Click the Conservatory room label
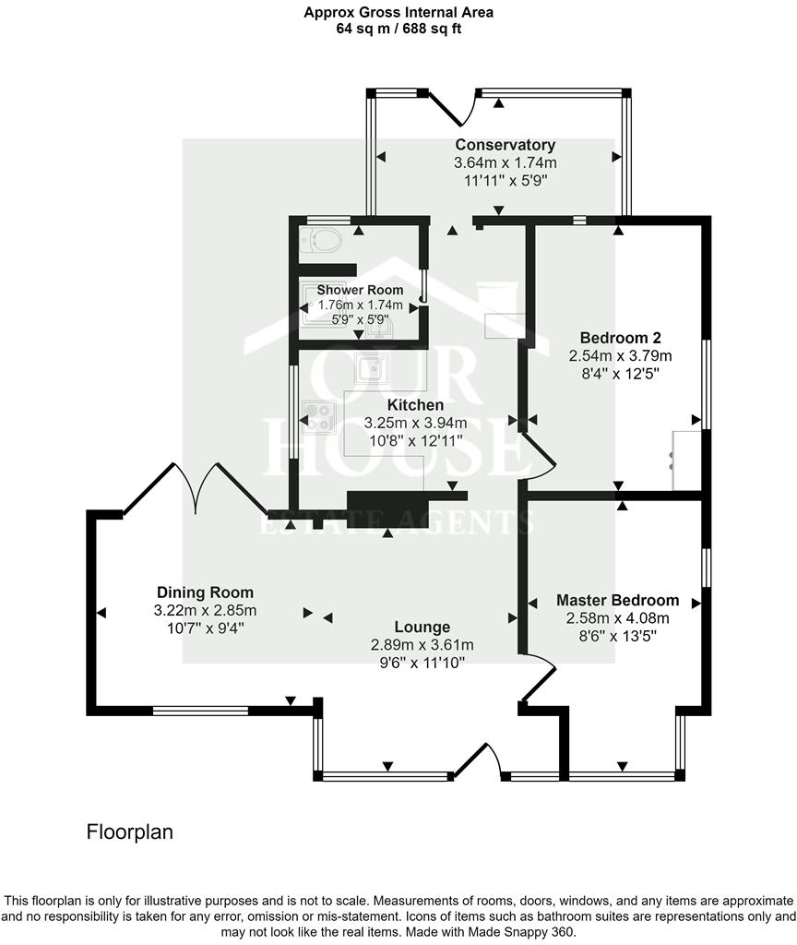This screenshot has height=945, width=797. [x=505, y=145]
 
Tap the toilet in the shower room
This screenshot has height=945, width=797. [x=323, y=240]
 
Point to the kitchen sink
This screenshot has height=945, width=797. [x=372, y=367]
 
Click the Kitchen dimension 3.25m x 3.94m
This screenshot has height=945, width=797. [x=415, y=423]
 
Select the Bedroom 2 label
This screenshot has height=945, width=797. [x=620, y=337]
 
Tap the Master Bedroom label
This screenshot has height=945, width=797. [x=617, y=600]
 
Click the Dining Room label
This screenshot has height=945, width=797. [x=205, y=592]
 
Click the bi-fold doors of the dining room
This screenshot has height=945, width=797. [x=196, y=487]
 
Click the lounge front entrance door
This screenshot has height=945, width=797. [x=481, y=760]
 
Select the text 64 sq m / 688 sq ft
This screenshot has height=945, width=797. [x=398, y=29]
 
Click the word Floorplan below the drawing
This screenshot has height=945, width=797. [x=130, y=831]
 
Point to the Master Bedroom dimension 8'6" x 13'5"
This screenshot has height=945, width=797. [x=617, y=635]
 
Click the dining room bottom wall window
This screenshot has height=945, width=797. [x=200, y=711]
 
